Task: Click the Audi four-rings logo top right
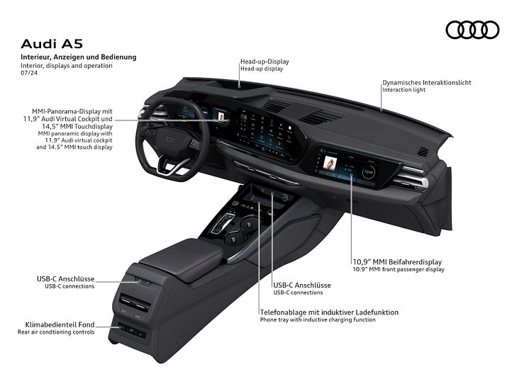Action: pyautogui.click(x=472, y=30)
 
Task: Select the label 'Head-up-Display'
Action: pyautogui.click(x=264, y=62)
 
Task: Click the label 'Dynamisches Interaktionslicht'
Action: pyautogui.click(x=426, y=83)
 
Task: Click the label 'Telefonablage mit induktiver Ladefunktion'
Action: pyautogui.click(x=329, y=312)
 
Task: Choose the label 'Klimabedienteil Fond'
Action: pyautogui.click(x=56, y=324)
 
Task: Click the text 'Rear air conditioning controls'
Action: pyautogui.click(x=56, y=332)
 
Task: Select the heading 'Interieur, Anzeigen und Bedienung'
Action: pyautogui.click(x=79, y=57)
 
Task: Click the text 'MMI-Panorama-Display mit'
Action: pyautogui.click(x=72, y=111)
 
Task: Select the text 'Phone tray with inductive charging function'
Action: pyautogui.click(x=318, y=319)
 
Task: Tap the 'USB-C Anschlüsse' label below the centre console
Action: pyautogui.click(x=302, y=285)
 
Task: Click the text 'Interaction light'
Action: pyautogui.click(x=403, y=91)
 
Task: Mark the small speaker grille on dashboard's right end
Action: pyautogui.click(x=423, y=151)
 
